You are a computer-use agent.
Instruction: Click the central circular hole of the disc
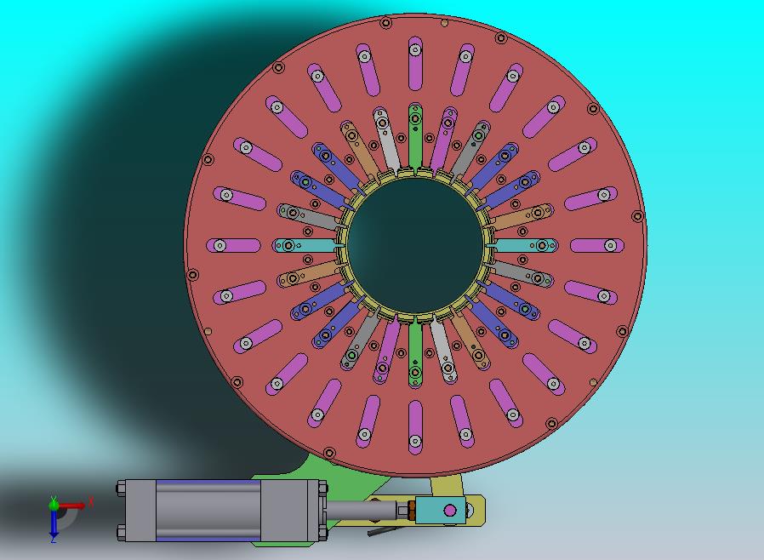pyautogui.click(x=416, y=245)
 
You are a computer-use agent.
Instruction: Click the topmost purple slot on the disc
pyautogui.click(x=415, y=63)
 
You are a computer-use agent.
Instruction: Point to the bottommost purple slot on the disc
pyautogui.click(x=415, y=427)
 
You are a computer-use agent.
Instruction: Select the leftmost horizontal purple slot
pyautogui.click(x=233, y=246)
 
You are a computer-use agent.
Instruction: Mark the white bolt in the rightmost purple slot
pyautogui.click(x=611, y=246)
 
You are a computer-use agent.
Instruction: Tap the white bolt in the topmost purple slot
pyautogui.click(x=415, y=49)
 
